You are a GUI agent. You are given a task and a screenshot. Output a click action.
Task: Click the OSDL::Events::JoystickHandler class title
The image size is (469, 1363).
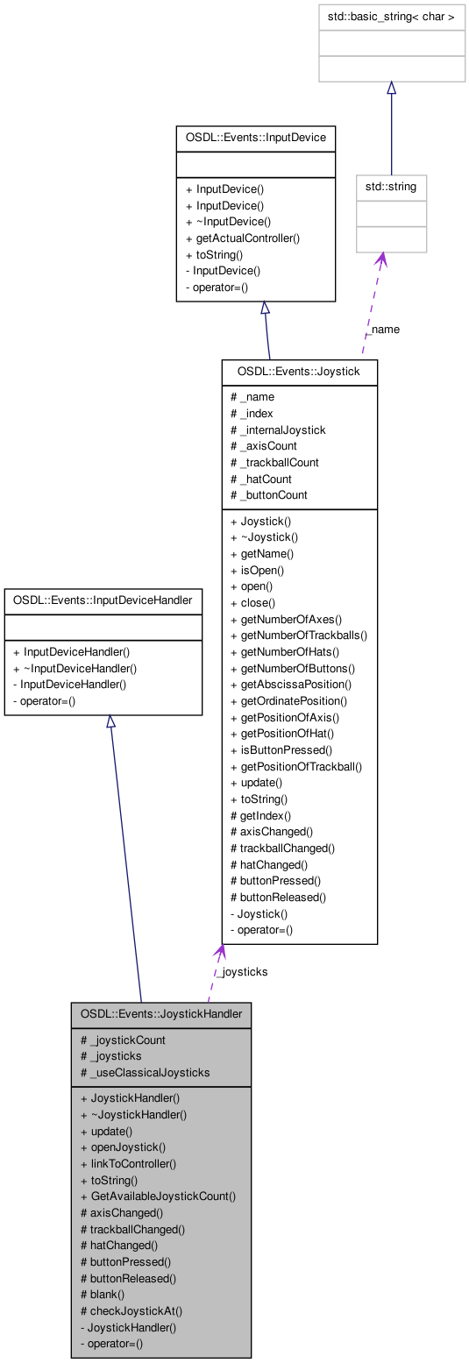(161, 1014)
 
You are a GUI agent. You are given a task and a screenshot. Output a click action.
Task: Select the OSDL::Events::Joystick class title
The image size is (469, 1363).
(299, 372)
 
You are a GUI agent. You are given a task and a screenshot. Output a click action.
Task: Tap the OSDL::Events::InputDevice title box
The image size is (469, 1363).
(255, 138)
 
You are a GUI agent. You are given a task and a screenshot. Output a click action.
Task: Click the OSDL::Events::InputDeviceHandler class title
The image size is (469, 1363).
(103, 601)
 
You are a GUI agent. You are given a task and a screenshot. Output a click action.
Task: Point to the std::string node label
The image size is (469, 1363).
(391, 187)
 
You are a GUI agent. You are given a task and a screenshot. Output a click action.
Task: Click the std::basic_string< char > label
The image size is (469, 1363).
(391, 17)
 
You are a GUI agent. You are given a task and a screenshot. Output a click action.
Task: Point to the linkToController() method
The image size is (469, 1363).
(128, 1163)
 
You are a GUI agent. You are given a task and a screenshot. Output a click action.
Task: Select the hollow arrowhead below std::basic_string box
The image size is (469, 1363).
(391, 89)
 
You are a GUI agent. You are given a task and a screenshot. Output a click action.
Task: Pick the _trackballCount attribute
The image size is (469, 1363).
(274, 462)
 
